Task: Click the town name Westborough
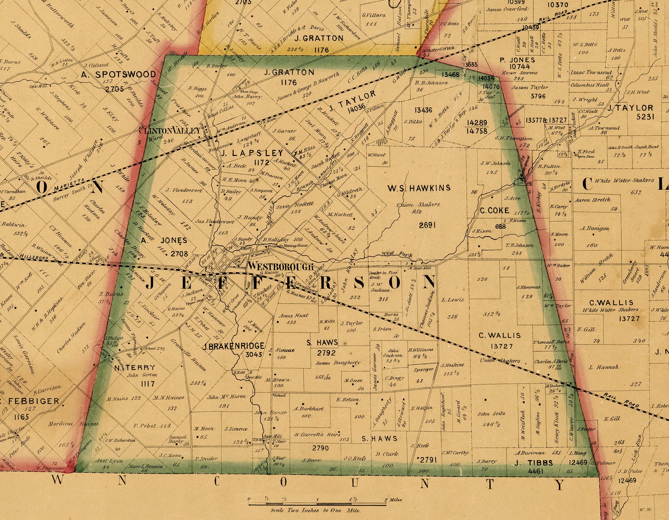point(280,267)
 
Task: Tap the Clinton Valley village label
point(169,131)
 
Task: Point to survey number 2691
point(427,225)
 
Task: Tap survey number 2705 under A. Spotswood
point(114,89)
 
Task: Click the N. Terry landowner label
point(134,367)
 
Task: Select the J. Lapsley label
point(252,153)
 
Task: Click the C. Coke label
point(494,210)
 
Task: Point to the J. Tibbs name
point(533,463)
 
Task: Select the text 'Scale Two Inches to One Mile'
point(315,511)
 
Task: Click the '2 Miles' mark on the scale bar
point(393,500)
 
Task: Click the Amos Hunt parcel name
point(293,315)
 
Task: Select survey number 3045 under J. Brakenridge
point(253,354)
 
